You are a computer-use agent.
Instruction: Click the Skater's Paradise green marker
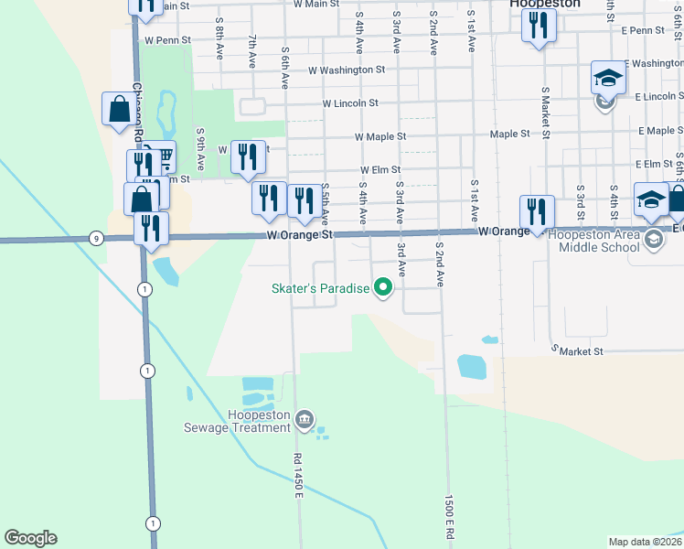[x=384, y=289]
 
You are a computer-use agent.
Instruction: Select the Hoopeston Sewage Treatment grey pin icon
[x=305, y=419]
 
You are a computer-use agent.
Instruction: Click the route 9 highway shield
[x=96, y=239]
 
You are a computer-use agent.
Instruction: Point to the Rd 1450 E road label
[x=297, y=476]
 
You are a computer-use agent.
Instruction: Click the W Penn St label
[x=167, y=40]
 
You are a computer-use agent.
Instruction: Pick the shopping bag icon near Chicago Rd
[x=119, y=111]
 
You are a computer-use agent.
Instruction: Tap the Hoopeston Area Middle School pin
[x=653, y=241]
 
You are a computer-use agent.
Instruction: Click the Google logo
[x=30, y=538]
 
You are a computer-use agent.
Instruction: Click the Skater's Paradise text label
[x=320, y=289]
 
